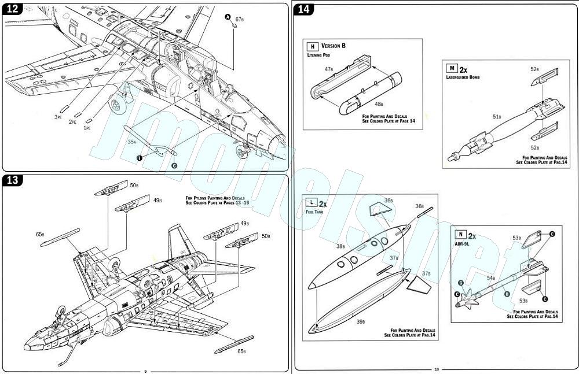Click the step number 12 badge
(13, 10)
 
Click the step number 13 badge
(13, 180)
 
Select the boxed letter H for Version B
(312, 46)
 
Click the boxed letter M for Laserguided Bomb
(451, 68)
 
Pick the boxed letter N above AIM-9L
(460, 235)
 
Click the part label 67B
(239, 19)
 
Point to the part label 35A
(132, 142)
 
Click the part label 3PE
(58, 117)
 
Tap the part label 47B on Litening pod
(328, 69)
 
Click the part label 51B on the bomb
(496, 116)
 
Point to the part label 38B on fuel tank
(340, 245)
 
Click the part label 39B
(361, 321)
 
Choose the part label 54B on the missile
(491, 277)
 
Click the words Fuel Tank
(315, 212)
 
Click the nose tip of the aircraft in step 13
(26, 346)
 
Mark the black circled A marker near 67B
(228, 18)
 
